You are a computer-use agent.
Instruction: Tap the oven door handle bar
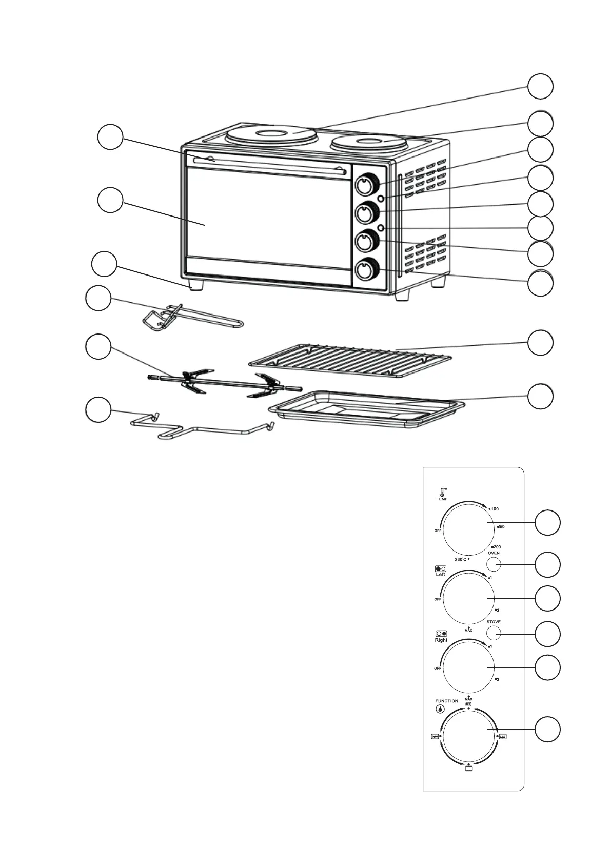(x=267, y=164)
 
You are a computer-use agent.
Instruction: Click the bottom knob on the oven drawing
(x=366, y=270)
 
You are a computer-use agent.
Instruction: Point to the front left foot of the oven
(x=195, y=285)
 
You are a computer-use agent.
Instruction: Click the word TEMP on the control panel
(x=442, y=498)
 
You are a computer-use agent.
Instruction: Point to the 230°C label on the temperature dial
(x=461, y=559)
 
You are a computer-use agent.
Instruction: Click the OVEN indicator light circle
(x=494, y=565)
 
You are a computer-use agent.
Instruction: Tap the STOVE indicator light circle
(x=494, y=634)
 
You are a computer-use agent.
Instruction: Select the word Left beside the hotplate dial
(x=440, y=575)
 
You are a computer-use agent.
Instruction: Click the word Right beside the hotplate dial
(x=441, y=640)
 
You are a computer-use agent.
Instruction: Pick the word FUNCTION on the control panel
(x=446, y=701)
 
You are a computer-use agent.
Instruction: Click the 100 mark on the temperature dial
(x=495, y=509)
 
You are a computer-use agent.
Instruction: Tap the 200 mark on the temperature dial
(x=497, y=547)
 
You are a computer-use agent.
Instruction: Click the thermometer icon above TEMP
(x=442, y=491)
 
